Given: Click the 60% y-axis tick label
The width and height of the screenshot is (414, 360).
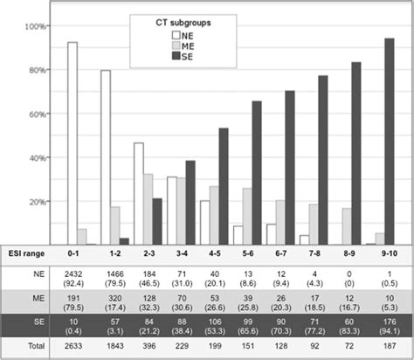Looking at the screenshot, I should coord(35,114).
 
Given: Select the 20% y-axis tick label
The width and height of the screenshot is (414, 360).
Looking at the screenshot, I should coord(35,201).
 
